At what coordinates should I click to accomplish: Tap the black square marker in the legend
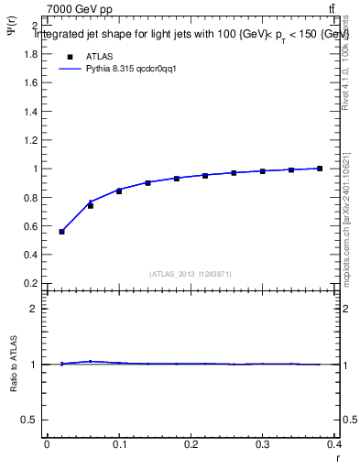pyautogui.click(x=68, y=56)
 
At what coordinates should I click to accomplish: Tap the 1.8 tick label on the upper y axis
pyautogui.click(x=30, y=54)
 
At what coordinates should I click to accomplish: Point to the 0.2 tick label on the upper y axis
pyautogui.click(x=30, y=283)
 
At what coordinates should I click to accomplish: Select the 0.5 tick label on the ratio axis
pyautogui.click(x=30, y=420)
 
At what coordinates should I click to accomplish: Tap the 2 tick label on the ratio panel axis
pyautogui.click(x=35, y=309)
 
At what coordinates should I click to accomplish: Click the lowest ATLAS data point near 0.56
pyautogui.click(x=61, y=232)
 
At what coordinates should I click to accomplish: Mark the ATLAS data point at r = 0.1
pyautogui.click(x=119, y=191)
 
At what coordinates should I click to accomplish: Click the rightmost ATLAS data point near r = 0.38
pyautogui.click(x=320, y=169)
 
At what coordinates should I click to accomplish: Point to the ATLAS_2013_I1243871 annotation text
pyautogui.click(x=191, y=274)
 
